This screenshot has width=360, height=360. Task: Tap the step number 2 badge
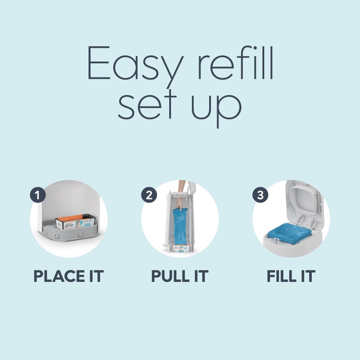pyautogui.click(x=149, y=196)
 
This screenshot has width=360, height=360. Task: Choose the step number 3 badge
pyautogui.click(x=260, y=196)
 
